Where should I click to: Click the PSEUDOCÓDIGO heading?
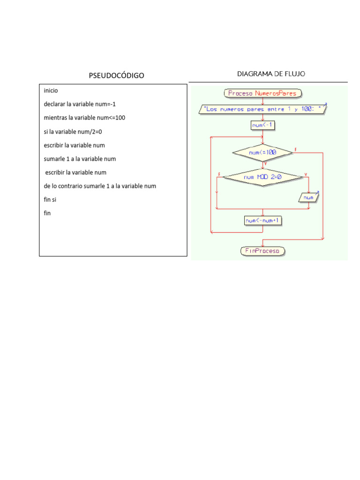point(117,75)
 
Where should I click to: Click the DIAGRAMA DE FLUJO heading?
point(271,74)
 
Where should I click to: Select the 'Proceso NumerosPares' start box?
point(262,93)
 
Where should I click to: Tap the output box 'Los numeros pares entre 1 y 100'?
point(262,109)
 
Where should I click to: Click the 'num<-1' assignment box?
point(262,125)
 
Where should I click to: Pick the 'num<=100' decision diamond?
point(262,152)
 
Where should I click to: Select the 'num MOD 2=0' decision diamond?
point(262,177)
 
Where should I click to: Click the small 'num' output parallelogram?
point(308,198)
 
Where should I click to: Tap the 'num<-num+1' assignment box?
point(263,220)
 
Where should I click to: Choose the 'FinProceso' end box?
point(262,251)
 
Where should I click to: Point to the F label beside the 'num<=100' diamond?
point(295,150)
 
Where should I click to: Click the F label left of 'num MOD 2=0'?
point(219,174)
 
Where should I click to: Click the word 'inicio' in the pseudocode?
point(51,90)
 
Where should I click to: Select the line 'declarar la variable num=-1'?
point(80,104)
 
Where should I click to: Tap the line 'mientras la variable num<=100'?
point(84,118)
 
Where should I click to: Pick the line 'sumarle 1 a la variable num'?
point(80,159)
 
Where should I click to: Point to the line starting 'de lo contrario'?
point(100,186)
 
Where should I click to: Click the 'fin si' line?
point(50,200)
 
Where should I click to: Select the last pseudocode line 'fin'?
point(47,213)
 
